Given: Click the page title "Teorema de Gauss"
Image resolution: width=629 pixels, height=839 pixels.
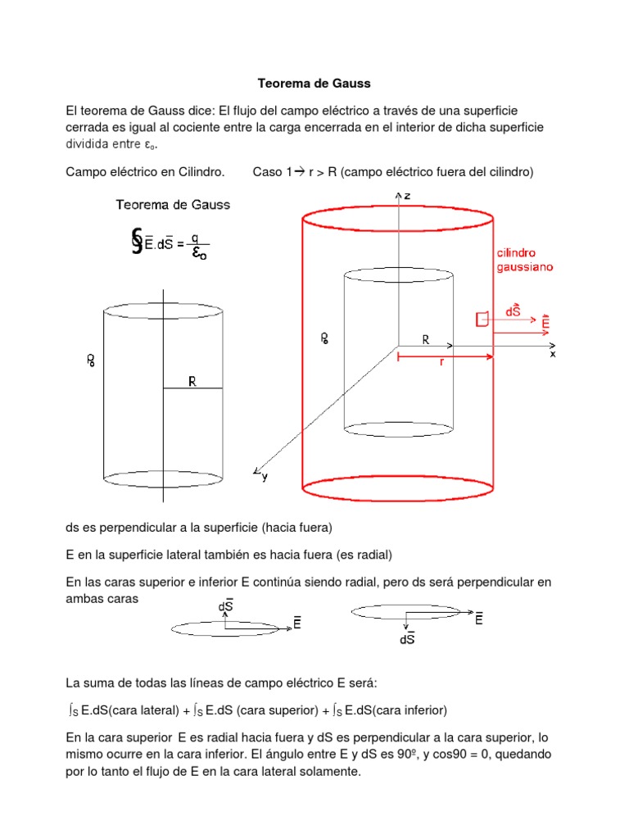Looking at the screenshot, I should point(314,83).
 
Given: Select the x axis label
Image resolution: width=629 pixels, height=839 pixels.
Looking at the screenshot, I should point(553,354).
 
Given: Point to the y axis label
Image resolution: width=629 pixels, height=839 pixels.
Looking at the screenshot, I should point(265,477).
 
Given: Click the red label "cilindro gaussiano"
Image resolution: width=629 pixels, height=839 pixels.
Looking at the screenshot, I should point(523,261).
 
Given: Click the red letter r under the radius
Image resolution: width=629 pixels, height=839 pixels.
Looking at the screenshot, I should point(441,361).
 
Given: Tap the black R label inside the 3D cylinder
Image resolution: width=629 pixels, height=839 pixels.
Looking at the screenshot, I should point(426,338).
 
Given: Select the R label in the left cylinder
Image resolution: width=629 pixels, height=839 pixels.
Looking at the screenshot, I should point(192,381).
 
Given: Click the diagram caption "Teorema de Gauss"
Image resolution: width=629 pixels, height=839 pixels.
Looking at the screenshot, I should point(173,205).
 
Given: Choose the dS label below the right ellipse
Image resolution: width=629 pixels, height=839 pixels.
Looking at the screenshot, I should point(407,640).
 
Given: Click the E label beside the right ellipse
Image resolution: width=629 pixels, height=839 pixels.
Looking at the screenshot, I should point(478,620).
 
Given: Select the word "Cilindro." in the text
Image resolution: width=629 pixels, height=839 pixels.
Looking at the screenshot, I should point(197,171).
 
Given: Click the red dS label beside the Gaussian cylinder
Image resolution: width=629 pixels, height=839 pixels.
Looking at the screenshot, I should point(514,311).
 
